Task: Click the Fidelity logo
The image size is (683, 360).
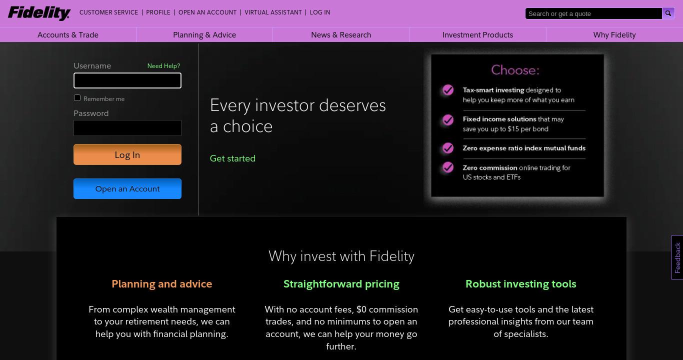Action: coord(39,13)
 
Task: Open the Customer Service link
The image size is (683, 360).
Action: coord(108,12)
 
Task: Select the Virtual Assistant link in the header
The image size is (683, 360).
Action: coord(273,12)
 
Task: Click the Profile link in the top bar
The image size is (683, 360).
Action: coord(158,12)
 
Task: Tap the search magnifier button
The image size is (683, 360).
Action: coord(668,13)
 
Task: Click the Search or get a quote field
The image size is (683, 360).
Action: coord(593,13)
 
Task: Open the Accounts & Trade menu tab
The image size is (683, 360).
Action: coord(68,35)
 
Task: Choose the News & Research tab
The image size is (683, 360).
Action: coord(341,35)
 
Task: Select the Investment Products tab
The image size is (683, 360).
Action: coord(477,35)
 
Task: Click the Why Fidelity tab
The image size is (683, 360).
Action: coord(614,35)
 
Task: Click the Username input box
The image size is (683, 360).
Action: coord(127,80)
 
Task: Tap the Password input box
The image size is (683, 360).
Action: coord(127,127)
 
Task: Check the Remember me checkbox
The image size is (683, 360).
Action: coord(77,98)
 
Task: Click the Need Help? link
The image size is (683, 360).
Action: coord(163,66)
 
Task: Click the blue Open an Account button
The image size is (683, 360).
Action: coord(127,188)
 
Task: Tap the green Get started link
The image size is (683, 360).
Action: coord(232,158)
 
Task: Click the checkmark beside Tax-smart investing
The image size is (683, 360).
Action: coord(448,90)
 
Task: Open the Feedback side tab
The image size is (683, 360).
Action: coord(677,257)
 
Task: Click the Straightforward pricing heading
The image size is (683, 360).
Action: coord(341,284)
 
